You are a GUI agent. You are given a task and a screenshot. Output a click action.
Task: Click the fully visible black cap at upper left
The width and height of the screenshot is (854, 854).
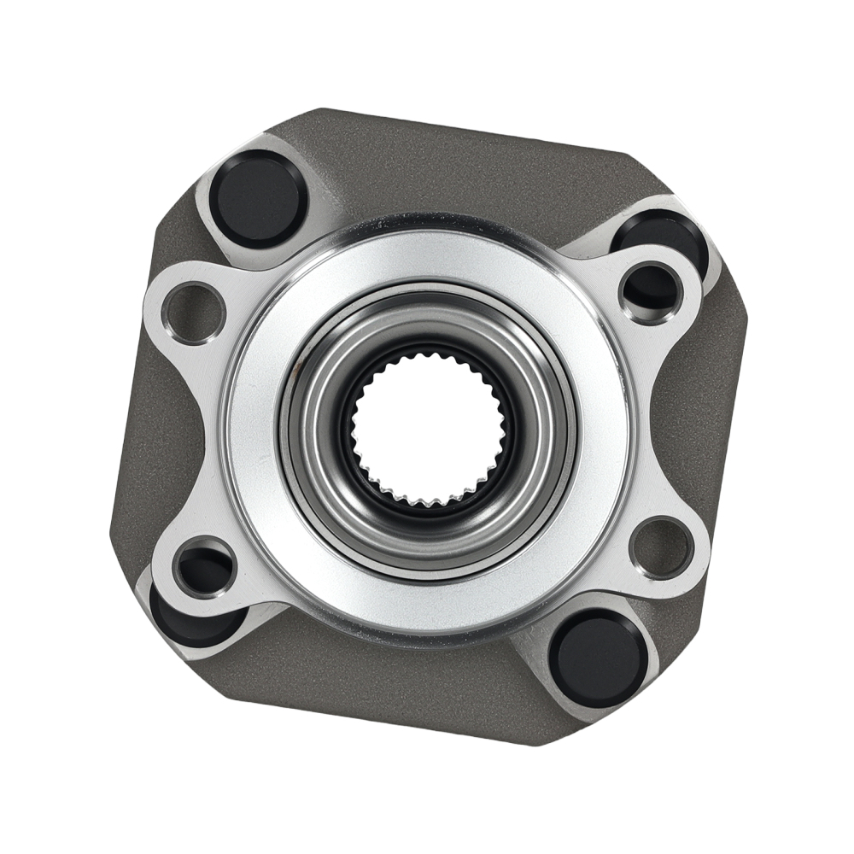click(x=259, y=199)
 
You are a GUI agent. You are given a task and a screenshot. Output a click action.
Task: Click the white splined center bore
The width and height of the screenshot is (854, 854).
click(x=427, y=427)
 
